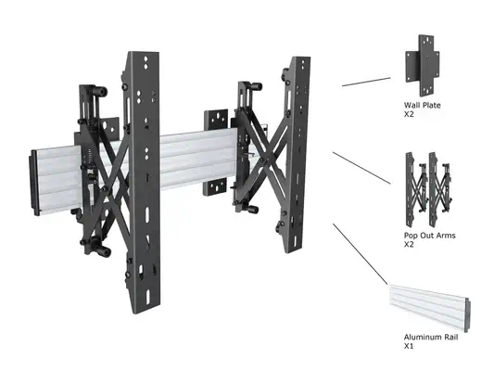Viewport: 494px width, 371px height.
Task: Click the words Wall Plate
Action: coord(422,106)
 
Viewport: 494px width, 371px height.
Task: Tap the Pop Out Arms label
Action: coord(430,236)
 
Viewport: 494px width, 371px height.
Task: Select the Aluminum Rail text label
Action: coord(431,338)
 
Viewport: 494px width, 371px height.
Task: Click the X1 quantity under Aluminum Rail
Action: coord(409,346)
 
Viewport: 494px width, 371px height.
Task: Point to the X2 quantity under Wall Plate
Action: coord(409,114)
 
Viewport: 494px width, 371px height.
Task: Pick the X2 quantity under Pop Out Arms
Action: coord(409,245)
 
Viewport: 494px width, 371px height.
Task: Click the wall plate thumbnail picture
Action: coord(422,66)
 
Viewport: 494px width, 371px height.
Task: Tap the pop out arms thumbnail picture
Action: coord(429,190)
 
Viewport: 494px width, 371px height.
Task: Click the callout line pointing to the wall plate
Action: coord(366,82)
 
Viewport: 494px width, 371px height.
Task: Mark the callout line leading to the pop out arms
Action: coord(361,168)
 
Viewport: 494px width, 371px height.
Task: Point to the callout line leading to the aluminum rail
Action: coord(361,254)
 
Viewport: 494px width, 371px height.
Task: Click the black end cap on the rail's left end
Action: coord(34,183)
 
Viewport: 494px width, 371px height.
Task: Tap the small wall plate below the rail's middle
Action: coord(215,187)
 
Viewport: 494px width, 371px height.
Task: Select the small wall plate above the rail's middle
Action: coord(216,120)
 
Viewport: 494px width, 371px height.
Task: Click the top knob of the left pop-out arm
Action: coord(101,92)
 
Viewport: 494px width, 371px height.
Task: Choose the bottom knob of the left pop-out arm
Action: coord(104,251)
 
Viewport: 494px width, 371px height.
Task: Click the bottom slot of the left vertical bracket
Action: coord(147,297)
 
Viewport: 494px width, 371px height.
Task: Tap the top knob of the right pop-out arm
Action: coord(256,86)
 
